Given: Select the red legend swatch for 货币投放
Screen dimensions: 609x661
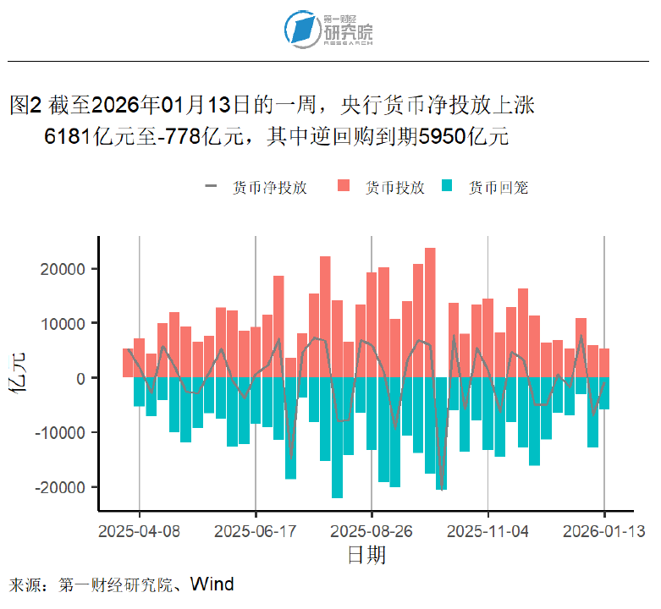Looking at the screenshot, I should pyautogui.click(x=344, y=187).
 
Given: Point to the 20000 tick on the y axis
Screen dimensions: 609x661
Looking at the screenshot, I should pyautogui.click(x=64, y=269).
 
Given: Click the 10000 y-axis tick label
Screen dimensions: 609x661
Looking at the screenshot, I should pyautogui.click(x=64, y=324).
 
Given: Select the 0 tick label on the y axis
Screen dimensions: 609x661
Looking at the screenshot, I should pyautogui.click(x=82, y=378).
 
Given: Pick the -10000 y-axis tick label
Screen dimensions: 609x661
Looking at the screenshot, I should pyautogui.click(x=61, y=433).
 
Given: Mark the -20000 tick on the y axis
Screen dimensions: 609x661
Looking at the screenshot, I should pyautogui.click(x=61, y=488).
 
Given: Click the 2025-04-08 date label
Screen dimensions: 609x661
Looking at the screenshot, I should pyautogui.click(x=140, y=531).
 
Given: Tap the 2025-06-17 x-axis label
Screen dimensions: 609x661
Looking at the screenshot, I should pyautogui.click(x=256, y=531).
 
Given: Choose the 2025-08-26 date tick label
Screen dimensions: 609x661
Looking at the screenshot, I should pyautogui.click(x=372, y=531).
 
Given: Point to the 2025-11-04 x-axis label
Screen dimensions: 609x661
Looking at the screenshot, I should pyautogui.click(x=488, y=531).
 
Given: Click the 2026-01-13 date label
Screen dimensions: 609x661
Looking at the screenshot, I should pyautogui.click(x=604, y=531).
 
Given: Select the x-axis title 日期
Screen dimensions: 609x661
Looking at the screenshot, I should pyautogui.click(x=366, y=555).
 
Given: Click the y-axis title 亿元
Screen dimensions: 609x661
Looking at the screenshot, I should pyautogui.click(x=19, y=378).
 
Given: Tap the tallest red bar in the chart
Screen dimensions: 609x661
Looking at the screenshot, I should pyautogui.click(x=430, y=312).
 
